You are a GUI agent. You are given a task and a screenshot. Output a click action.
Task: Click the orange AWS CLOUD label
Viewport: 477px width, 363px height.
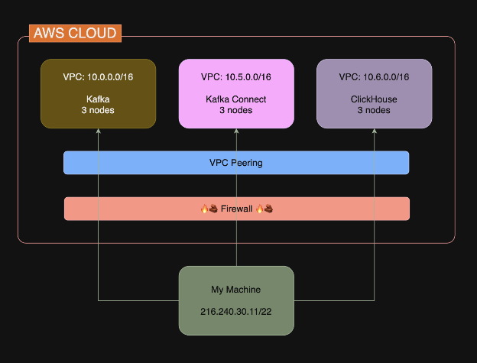click(75, 34)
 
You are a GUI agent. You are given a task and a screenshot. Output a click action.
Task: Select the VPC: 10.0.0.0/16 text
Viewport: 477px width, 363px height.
click(98, 77)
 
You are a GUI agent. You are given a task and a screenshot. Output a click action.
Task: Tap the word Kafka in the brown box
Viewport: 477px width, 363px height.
click(98, 99)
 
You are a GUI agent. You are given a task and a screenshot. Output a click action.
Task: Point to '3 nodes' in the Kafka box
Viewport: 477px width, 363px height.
click(98, 110)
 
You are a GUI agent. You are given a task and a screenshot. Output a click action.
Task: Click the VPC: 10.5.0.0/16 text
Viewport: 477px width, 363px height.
click(235, 77)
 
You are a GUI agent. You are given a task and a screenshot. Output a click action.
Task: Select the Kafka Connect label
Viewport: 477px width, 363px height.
click(235, 99)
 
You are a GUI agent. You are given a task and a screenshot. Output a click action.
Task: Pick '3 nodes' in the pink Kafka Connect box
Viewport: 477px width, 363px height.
click(235, 110)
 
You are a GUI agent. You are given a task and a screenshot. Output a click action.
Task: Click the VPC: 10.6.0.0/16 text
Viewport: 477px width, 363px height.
click(374, 77)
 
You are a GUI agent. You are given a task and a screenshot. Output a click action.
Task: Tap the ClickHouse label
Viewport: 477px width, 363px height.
click(374, 99)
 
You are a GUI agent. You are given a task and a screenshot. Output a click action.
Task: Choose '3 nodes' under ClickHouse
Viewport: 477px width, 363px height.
click(374, 110)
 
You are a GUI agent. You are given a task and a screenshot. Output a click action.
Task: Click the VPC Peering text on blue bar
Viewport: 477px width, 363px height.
click(235, 163)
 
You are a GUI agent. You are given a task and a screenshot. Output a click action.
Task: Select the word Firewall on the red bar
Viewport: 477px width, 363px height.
click(236, 208)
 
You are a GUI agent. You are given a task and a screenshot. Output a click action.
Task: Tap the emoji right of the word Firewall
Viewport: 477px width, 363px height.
click(264, 208)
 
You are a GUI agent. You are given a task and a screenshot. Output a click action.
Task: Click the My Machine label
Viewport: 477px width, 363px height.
click(235, 290)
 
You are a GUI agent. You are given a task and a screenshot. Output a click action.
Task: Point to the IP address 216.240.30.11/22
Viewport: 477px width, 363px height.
click(235, 313)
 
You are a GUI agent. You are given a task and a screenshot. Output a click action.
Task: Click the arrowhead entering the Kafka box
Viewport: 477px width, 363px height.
click(98, 131)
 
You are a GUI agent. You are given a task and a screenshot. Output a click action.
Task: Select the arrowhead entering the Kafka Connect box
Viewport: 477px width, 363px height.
click(235, 131)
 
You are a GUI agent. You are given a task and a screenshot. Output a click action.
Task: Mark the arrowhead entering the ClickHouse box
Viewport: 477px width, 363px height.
click(374, 131)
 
